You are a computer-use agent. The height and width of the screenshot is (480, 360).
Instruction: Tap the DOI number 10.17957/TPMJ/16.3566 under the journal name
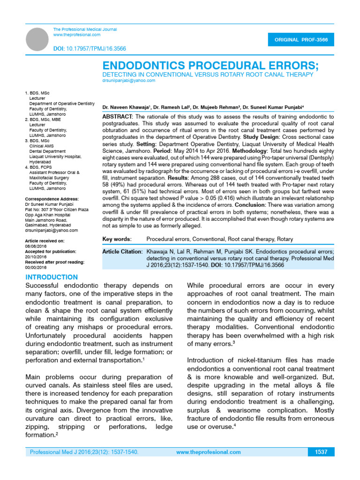[x=96, y=49]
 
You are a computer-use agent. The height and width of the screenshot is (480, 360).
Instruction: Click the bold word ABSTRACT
[x=118, y=116]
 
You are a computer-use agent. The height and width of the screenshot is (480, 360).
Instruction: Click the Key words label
[x=117, y=239]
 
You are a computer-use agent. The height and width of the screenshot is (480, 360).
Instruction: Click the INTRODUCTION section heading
[x=52, y=277]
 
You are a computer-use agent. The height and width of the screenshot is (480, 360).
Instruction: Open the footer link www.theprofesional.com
[x=209, y=452]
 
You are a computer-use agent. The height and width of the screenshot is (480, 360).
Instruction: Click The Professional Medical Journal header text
[x=85, y=30]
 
